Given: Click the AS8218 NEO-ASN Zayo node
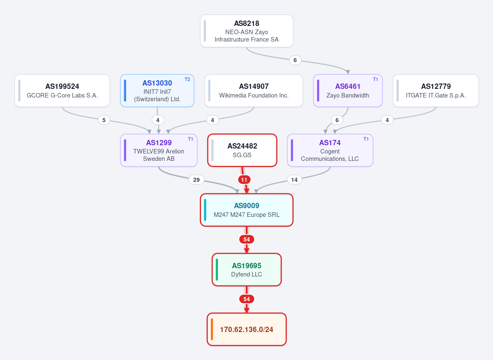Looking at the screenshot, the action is point(247,31).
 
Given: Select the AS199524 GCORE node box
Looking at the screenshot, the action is point(62,91).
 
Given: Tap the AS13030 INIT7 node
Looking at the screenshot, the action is point(157,91).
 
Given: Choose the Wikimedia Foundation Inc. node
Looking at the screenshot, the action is point(254,91).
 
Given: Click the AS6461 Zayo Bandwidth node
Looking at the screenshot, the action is point(348,91).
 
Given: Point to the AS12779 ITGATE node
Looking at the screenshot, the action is point(436,91).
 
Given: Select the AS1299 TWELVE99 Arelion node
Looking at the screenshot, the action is point(159,151).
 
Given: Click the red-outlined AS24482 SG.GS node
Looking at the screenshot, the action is point(242,151).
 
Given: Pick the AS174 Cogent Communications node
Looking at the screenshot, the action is point(330,151).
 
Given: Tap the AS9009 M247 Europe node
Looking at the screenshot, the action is point(247,210).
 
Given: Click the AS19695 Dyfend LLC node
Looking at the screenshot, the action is point(247,269).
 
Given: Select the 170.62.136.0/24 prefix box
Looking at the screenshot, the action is point(247,329).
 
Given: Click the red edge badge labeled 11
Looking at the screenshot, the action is point(244,180).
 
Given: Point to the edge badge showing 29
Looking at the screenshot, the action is point(197,180).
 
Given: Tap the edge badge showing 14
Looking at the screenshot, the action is point(294,180).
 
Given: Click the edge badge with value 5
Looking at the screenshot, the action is point(104,120).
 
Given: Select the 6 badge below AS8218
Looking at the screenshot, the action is point(295,60).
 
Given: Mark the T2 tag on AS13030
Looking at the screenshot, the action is point(187,79).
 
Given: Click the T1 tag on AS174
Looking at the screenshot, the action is point(366,139).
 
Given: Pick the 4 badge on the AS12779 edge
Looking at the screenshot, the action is point(387,120).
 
